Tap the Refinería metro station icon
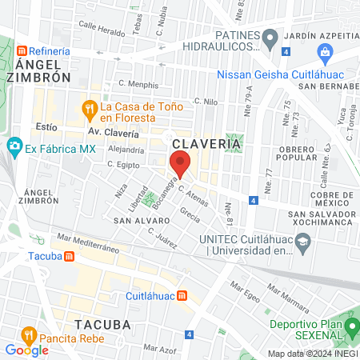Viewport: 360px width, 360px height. tap(24, 50)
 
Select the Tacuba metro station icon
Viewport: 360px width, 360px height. tap(70, 256)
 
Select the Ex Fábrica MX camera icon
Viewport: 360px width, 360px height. tap(14, 147)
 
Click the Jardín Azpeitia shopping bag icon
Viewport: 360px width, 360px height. tap(325, 53)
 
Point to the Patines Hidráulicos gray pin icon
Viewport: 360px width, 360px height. tap(270, 37)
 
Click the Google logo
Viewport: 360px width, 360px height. tap(26, 350)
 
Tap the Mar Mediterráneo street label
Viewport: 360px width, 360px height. tap(89, 238)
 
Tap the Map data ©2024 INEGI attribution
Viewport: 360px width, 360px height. tap(312, 353)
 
